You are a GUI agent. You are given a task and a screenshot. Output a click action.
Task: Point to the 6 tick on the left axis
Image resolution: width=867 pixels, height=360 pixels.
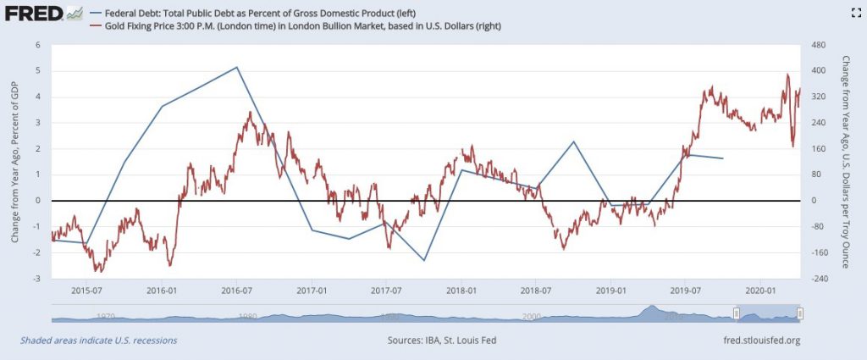pos(37,45)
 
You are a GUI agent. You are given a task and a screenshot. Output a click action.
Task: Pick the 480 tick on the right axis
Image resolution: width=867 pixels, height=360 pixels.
pos(817,45)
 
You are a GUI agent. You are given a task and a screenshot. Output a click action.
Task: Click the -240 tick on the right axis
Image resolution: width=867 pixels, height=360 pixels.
pos(818,279)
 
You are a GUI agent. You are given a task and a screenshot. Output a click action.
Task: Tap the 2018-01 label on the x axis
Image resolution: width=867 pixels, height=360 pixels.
pos(461,291)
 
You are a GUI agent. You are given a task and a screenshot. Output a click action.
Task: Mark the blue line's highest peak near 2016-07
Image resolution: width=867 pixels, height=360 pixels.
pos(237,67)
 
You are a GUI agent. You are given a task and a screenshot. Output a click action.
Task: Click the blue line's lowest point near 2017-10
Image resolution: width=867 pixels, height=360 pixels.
pos(424,261)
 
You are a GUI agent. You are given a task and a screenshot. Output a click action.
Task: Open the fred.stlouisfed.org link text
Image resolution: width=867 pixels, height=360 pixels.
pos(751,340)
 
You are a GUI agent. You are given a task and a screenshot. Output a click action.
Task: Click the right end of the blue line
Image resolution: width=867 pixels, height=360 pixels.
pos(723,158)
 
